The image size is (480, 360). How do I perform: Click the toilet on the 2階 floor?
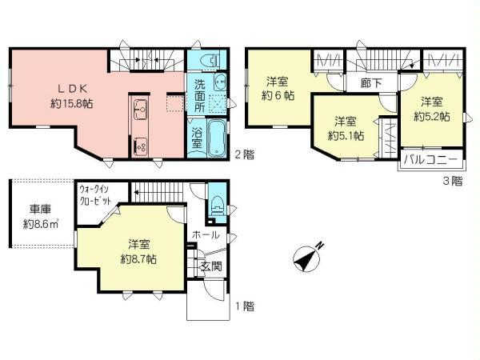coord(209,61)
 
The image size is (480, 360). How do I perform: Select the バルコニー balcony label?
coord(430,160)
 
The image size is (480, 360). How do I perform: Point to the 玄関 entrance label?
coord(210,266)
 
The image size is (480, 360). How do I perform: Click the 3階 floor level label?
coord(453,182)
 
